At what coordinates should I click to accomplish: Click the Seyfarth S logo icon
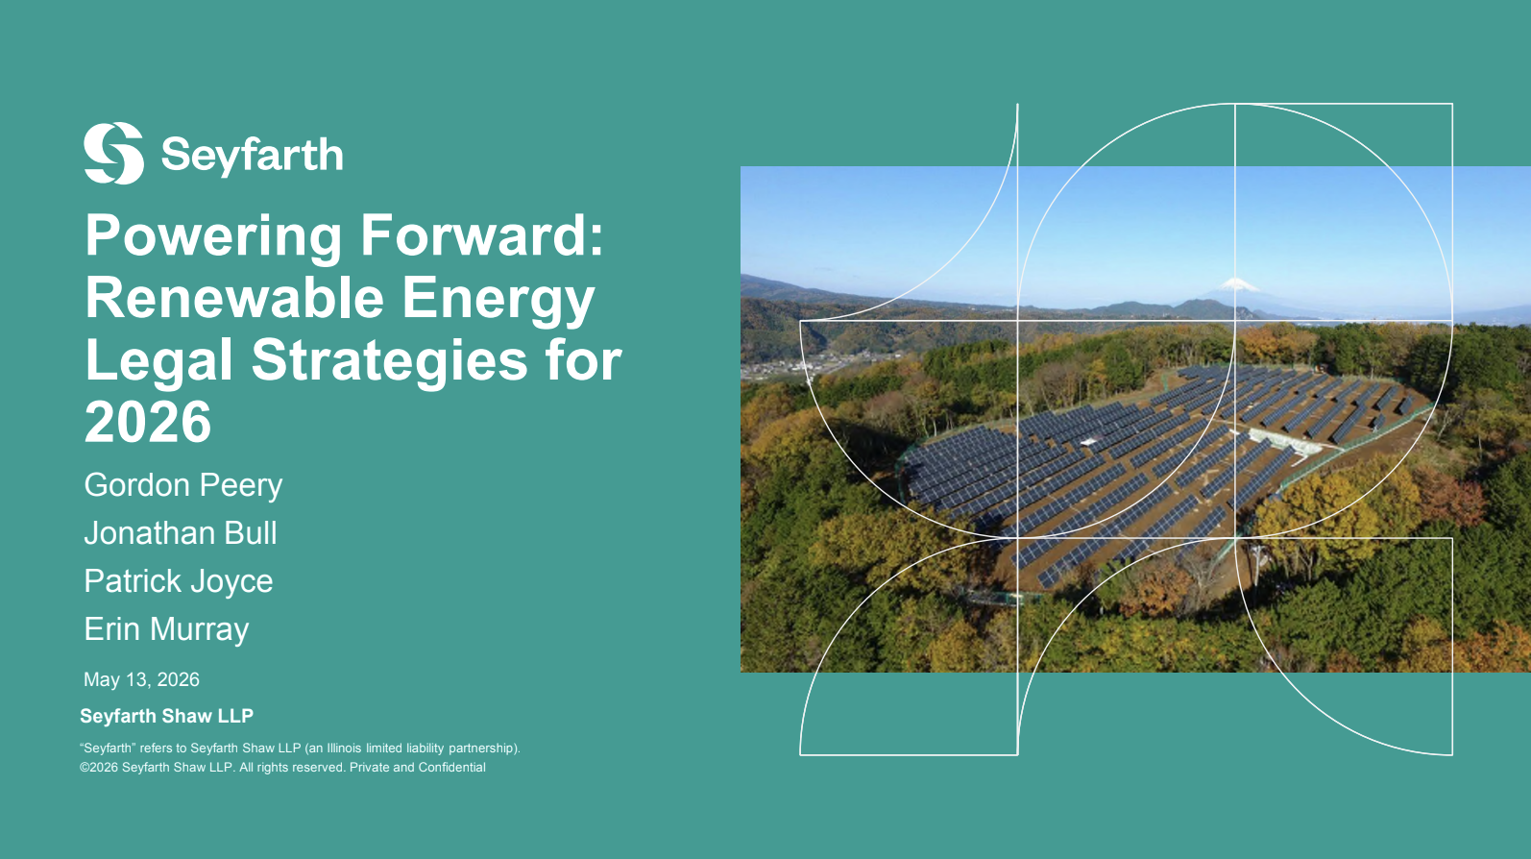[x=113, y=153]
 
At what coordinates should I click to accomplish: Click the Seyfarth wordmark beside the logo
[x=253, y=156]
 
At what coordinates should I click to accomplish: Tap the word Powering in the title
[x=213, y=237]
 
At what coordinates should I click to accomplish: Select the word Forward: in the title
[x=482, y=235]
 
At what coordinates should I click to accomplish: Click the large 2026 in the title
[x=148, y=422]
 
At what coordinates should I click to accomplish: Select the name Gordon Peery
[x=183, y=486]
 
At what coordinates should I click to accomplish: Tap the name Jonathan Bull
[x=181, y=533]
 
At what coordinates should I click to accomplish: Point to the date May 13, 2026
[x=141, y=680]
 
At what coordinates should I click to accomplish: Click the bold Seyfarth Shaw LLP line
[x=167, y=716]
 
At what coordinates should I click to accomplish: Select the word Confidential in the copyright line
[x=451, y=768]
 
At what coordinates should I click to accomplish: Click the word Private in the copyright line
[x=370, y=768]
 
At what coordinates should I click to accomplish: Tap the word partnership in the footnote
[x=482, y=749]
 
